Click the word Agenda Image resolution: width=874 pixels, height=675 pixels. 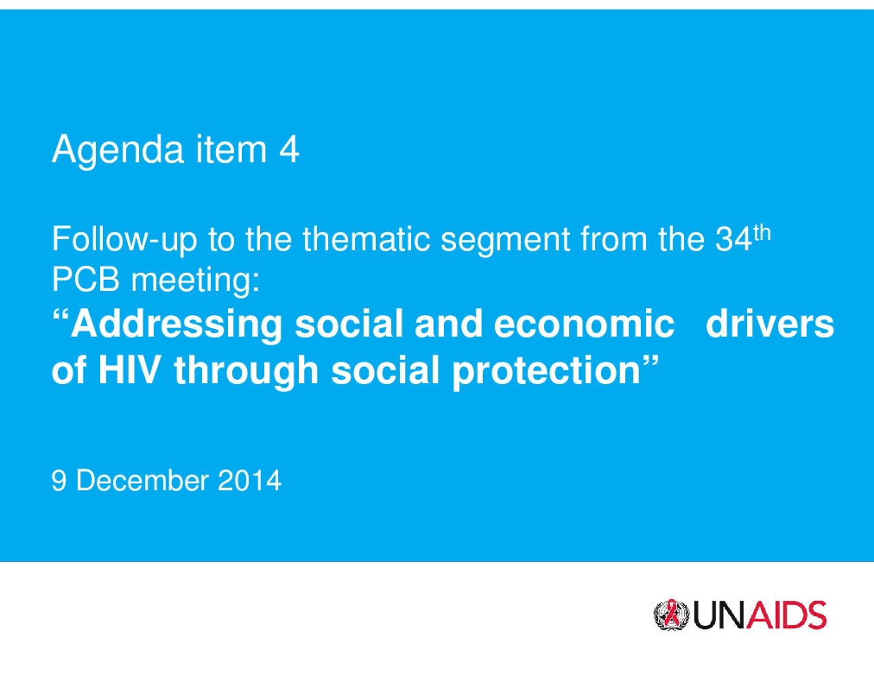(x=118, y=150)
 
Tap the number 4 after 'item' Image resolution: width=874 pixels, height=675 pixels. (x=289, y=149)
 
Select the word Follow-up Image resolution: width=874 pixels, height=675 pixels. (x=125, y=240)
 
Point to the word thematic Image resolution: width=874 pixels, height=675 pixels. (x=366, y=238)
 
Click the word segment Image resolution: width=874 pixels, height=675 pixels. (x=505, y=241)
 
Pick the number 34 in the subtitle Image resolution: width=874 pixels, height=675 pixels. (x=733, y=239)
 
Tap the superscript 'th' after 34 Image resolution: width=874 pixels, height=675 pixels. (x=762, y=233)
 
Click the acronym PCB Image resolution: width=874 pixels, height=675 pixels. (x=85, y=279)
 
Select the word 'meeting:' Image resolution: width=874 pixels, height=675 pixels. (x=196, y=281)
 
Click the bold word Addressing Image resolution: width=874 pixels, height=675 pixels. (x=177, y=325)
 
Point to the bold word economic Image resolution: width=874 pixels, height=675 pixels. (x=584, y=324)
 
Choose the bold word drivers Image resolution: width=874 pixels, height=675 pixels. (x=769, y=324)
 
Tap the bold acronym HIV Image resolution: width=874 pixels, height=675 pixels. (x=130, y=369)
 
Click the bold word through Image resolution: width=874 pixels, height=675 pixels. (x=246, y=371)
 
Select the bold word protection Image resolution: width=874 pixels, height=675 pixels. (x=546, y=371)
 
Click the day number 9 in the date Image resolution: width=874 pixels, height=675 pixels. (x=59, y=481)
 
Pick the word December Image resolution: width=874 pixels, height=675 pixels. (x=142, y=481)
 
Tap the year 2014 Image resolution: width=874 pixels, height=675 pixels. (x=250, y=481)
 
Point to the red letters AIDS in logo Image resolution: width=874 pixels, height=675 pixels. (x=786, y=615)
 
